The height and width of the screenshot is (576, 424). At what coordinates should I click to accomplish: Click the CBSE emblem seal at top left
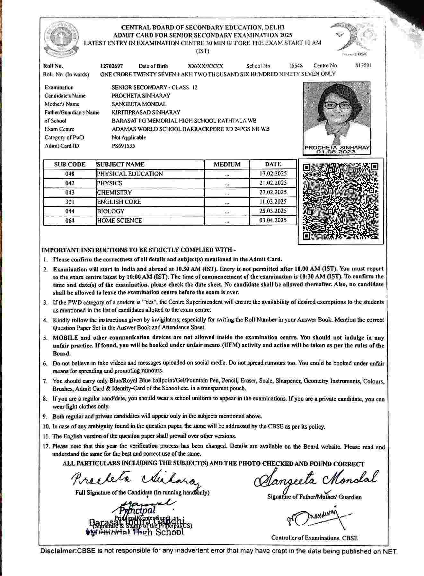(x=61, y=39)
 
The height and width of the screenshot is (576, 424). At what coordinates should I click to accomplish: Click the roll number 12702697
(x=111, y=66)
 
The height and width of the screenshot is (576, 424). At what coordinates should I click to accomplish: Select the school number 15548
(x=296, y=66)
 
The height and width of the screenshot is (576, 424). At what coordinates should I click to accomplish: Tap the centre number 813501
(x=364, y=65)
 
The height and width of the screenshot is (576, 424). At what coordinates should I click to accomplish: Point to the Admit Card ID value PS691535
(x=123, y=146)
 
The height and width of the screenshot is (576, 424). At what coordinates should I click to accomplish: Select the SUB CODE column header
(x=70, y=164)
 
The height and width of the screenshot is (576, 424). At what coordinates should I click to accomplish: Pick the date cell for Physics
(x=273, y=183)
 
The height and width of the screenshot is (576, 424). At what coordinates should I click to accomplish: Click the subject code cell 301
(x=70, y=202)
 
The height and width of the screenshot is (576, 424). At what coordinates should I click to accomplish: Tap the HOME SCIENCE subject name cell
(x=119, y=220)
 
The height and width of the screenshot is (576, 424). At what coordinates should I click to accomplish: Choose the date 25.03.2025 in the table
(x=273, y=211)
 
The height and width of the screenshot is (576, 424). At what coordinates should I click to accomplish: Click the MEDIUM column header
(x=227, y=164)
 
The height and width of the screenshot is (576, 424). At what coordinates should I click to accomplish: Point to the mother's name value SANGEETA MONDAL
(x=139, y=104)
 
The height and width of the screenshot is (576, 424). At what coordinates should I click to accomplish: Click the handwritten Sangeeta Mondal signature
(x=316, y=479)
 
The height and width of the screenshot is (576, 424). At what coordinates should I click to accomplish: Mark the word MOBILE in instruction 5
(x=66, y=338)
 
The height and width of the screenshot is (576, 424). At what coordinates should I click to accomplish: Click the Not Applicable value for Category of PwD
(x=129, y=137)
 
